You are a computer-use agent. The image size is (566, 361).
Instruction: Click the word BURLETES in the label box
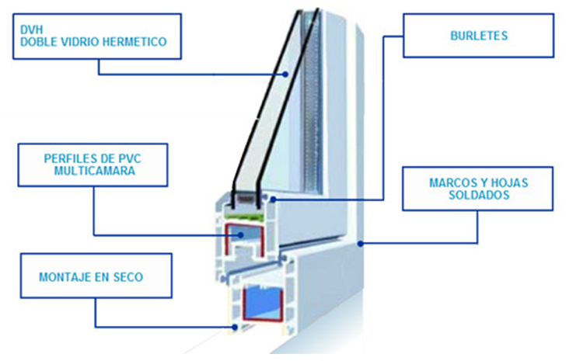[479, 36]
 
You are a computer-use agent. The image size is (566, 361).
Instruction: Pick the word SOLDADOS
[479, 195]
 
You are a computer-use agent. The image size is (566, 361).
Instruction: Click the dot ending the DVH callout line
[286, 75]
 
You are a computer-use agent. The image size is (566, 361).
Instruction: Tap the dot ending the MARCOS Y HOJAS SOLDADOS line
[361, 244]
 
